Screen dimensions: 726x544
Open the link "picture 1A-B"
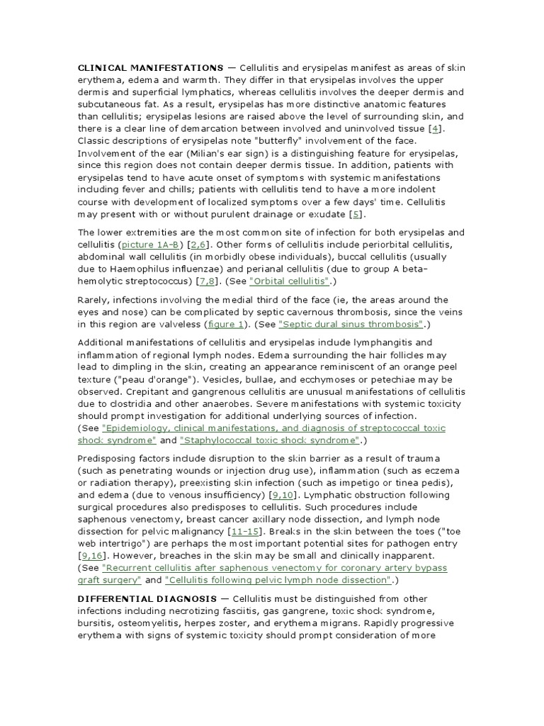tap(151, 245)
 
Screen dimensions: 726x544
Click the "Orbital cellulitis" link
tap(290, 282)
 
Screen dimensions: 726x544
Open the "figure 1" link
tap(226, 325)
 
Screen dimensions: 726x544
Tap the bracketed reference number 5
tap(359, 214)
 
